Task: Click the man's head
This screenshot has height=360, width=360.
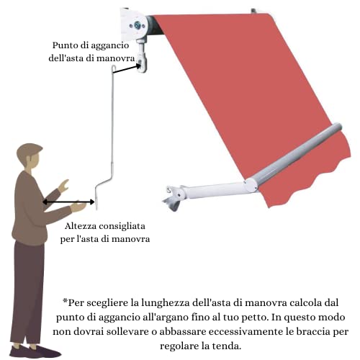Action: point(30,157)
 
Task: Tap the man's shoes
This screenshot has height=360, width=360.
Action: point(35,351)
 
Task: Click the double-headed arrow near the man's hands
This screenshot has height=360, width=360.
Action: point(68,202)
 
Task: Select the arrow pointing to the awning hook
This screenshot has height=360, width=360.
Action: point(127,68)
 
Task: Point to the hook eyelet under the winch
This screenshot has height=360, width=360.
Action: point(142,63)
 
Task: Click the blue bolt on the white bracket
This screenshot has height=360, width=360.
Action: point(138,25)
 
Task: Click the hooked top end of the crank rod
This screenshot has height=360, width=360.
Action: point(114,67)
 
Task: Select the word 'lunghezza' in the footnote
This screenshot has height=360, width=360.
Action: point(165,303)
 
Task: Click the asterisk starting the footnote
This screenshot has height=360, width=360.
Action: point(65,301)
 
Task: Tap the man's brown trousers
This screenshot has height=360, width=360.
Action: point(28,293)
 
